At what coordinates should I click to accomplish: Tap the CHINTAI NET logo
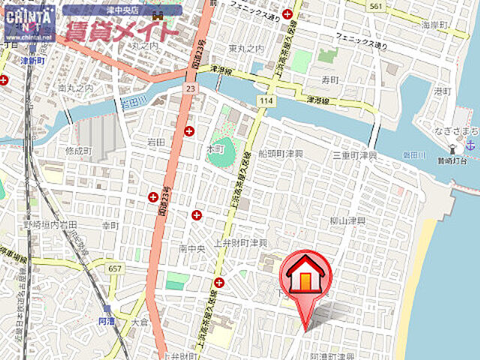point(28,22)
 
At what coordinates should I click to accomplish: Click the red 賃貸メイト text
point(121,32)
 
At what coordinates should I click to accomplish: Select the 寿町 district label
point(329,77)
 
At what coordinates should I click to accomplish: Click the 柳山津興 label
point(347,222)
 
